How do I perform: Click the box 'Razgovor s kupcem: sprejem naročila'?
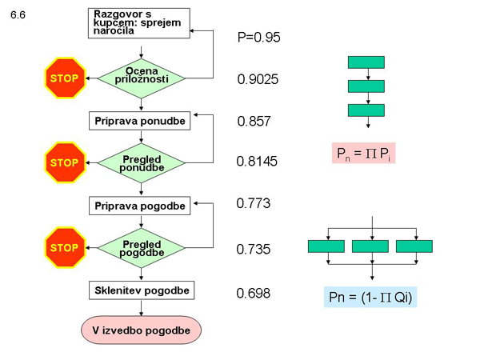[141, 22]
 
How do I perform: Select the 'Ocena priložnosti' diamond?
[141, 78]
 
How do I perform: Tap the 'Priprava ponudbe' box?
[141, 121]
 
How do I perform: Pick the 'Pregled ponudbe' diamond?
[141, 163]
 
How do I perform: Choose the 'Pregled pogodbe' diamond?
[141, 249]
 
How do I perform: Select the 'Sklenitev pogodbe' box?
[141, 289]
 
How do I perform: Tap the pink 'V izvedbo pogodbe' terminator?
[141, 328]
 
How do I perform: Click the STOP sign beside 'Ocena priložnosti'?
[64, 78]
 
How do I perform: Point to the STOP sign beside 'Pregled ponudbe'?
[64, 163]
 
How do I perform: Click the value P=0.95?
[258, 37]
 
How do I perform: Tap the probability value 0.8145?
[257, 162]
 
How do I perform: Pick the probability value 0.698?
[253, 293]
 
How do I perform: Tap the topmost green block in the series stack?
[367, 62]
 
